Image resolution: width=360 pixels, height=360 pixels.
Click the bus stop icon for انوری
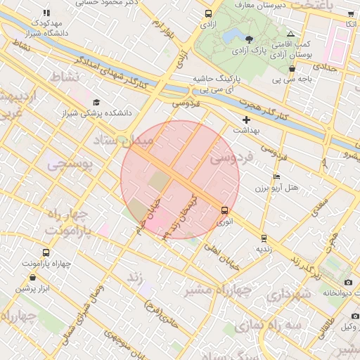coord(224,210)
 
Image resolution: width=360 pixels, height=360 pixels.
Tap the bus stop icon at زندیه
coord(264,238)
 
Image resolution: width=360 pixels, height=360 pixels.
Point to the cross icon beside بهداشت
coord(246,120)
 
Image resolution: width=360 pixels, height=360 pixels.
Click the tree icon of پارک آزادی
coord(251,39)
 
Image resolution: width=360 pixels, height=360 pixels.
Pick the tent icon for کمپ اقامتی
coord(291,34)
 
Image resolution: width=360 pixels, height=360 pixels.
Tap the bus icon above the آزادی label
coord(208,13)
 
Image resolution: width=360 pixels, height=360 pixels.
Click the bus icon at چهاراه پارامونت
coord(46,252)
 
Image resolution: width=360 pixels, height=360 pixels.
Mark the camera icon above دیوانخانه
coord(348,282)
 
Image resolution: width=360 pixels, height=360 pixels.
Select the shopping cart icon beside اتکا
coord(351,14)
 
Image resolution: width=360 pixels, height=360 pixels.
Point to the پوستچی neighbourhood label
coord(70,165)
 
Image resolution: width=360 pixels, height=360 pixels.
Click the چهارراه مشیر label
coord(219,290)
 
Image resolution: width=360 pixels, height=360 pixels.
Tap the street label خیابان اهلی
coord(223,249)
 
